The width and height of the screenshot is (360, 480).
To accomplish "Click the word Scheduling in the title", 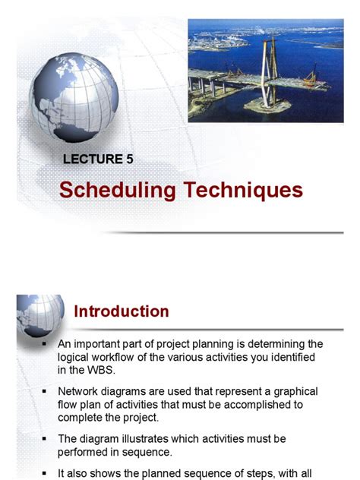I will point(117,190).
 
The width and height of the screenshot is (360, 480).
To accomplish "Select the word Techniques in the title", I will point(242,190).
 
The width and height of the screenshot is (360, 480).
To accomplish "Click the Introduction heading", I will point(121,311).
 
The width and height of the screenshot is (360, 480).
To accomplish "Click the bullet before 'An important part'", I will point(45,343).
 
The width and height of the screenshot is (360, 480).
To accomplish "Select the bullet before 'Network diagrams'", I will point(45,390).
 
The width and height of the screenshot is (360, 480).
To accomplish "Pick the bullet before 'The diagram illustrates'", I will point(45,437).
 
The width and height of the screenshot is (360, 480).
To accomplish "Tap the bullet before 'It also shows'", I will point(45,472).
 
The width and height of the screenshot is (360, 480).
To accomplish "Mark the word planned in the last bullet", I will point(169,473).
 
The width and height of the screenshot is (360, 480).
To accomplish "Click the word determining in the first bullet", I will point(270,344).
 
